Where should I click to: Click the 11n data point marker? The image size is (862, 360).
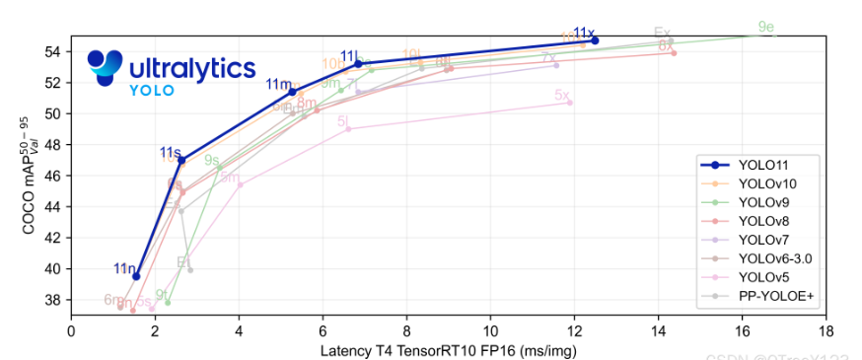click(136, 276)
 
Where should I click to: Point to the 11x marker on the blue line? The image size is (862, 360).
click(595, 40)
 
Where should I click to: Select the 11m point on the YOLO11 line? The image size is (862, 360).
click(292, 92)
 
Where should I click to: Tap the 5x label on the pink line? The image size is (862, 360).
click(562, 96)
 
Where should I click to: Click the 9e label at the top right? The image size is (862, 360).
click(765, 27)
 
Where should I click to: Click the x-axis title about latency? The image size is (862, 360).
click(449, 349)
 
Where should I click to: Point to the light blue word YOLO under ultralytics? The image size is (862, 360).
click(152, 91)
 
